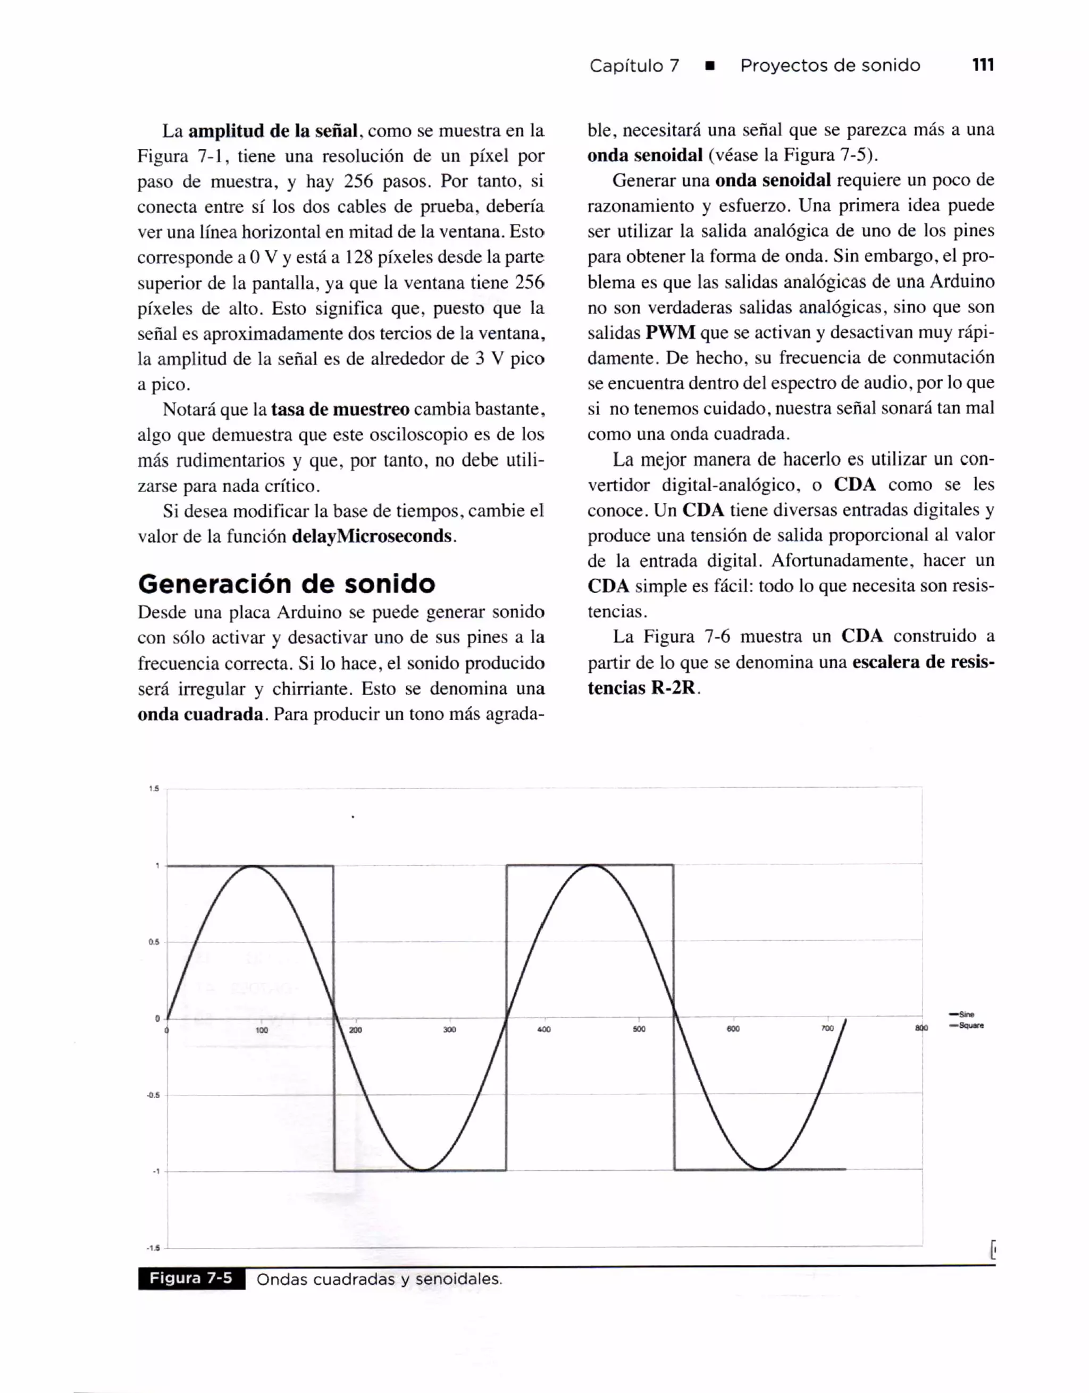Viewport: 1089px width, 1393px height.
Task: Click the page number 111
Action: point(983,65)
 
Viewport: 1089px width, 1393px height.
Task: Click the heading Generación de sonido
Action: point(287,584)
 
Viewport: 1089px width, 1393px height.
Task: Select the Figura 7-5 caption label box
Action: point(191,1278)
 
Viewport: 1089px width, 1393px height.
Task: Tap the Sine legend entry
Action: point(966,1014)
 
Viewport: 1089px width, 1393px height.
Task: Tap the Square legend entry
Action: point(970,1026)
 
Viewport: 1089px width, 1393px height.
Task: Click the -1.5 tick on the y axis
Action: point(153,1247)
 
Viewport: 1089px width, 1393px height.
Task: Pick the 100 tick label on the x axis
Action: point(262,1029)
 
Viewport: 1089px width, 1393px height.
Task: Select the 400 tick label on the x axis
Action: point(543,1029)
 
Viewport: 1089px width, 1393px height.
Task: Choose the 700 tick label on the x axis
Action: point(827,1028)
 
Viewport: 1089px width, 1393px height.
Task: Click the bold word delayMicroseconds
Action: point(372,536)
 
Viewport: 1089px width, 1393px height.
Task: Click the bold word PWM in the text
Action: point(670,332)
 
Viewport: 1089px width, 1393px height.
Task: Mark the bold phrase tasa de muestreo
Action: point(340,409)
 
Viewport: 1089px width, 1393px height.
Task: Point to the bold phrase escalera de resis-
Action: point(923,662)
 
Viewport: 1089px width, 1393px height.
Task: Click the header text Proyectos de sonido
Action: point(830,65)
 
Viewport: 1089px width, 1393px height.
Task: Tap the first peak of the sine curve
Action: point(253,866)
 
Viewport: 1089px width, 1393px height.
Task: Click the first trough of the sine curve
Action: point(422,1170)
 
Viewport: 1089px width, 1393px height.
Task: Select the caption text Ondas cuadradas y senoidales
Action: point(379,1279)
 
